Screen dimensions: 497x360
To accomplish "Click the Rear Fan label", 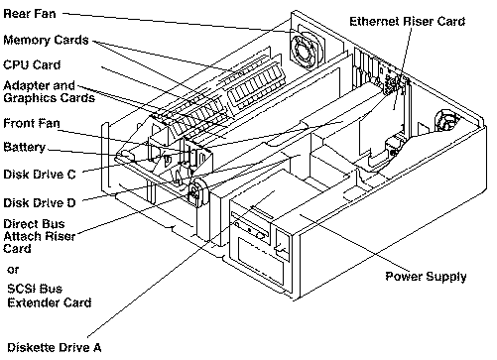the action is click(x=30, y=14).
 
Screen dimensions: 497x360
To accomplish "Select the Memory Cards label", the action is click(x=46, y=40).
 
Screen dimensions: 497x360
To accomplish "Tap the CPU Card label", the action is click(x=32, y=64).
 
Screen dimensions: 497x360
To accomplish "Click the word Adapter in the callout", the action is click(x=26, y=86).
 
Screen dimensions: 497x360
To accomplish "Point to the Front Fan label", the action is click(x=32, y=123).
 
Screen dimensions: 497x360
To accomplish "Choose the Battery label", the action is click(x=25, y=148).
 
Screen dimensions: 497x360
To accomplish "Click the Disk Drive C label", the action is click(x=40, y=175).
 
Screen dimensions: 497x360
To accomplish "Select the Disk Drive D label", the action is click(x=40, y=202).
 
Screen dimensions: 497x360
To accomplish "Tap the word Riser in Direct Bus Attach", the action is click(x=62, y=236).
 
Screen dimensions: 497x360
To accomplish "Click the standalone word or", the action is click(x=13, y=270).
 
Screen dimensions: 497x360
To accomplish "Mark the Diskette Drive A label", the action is click(x=55, y=347).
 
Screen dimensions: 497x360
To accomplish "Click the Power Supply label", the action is click(x=426, y=277).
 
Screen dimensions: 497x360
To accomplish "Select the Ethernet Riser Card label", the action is click(x=408, y=22).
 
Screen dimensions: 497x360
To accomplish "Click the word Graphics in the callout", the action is click(x=28, y=99).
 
